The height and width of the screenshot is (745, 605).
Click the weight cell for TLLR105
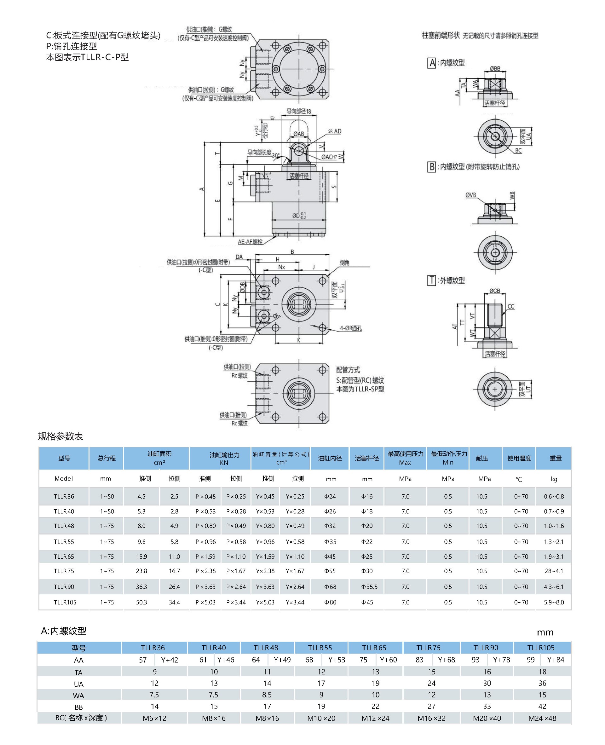pyautogui.click(x=553, y=602)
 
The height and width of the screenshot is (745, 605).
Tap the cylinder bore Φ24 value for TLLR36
pyautogui.click(x=330, y=496)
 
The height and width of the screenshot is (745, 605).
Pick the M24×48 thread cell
pyautogui.click(x=542, y=718)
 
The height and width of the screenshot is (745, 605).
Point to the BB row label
pyautogui.click(x=78, y=707)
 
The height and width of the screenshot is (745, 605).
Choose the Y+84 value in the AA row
pyautogui.click(x=556, y=660)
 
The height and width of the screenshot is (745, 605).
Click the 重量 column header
pyautogui.click(x=555, y=458)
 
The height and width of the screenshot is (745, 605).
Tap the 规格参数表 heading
pyautogui.click(x=60, y=436)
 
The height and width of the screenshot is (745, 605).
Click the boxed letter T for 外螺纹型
pyautogui.click(x=431, y=280)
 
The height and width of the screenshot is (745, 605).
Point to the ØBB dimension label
pyautogui.click(x=495, y=69)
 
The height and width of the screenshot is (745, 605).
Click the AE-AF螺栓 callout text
pyautogui.click(x=250, y=241)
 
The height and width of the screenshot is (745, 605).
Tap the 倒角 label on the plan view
pyautogui.click(x=344, y=263)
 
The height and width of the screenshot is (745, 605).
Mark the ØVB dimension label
pyautogui.click(x=470, y=195)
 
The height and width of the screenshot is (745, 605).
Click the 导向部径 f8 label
pyautogui.click(x=299, y=112)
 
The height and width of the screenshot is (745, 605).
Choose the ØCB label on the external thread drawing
pyautogui.click(x=494, y=291)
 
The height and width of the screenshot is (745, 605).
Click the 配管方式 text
pyautogui.click(x=348, y=370)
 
